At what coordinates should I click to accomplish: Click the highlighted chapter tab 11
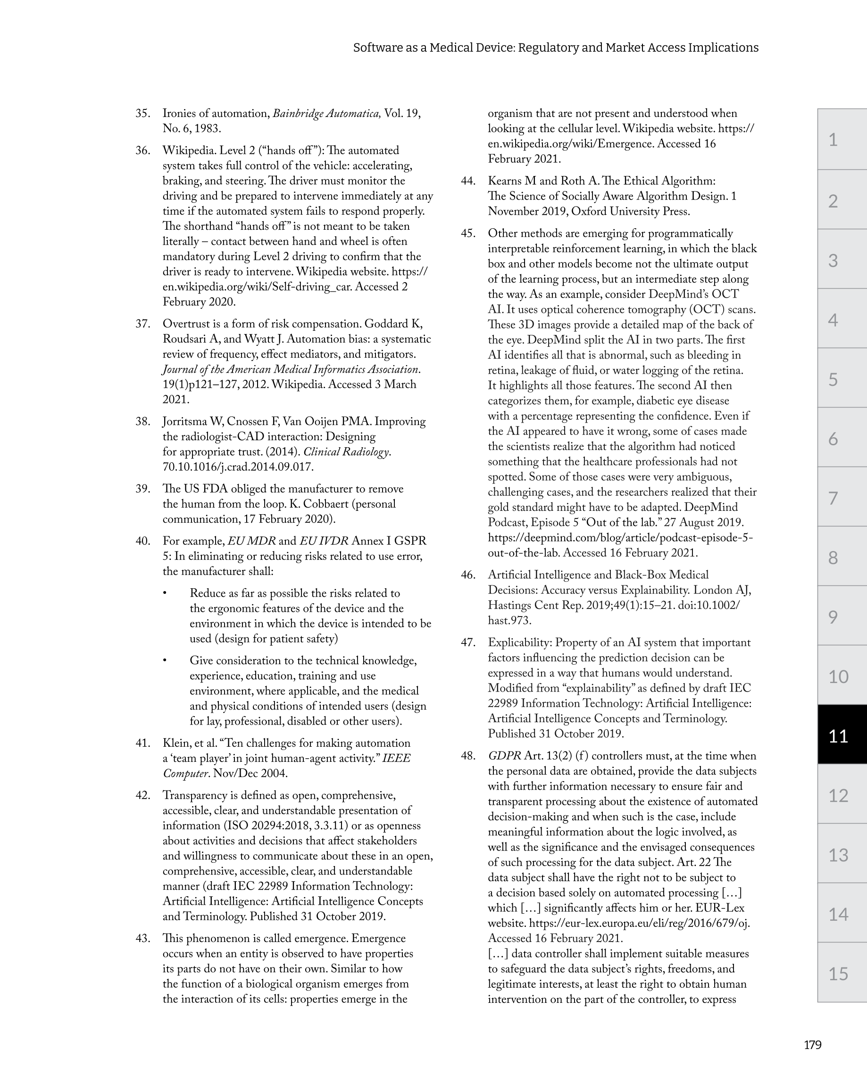tap(838, 736)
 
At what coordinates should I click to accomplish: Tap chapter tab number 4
tap(834, 320)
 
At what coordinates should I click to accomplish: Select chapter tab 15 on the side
tap(838, 974)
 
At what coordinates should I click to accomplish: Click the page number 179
tap(812, 1045)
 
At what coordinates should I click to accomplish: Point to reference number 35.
tap(143, 114)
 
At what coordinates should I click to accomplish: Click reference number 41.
tap(143, 743)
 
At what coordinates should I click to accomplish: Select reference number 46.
tap(468, 575)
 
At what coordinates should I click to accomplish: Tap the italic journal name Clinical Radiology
tap(347, 452)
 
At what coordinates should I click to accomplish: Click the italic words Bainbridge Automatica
tap(326, 114)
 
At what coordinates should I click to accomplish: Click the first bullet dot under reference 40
tap(165, 594)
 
